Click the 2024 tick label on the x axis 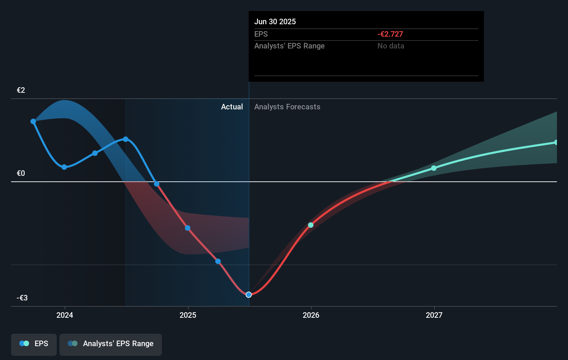click(x=65, y=315)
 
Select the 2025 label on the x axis click(x=188, y=315)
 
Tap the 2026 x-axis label click(x=311, y=315)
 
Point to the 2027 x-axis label click(x=434, y=315)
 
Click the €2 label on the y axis click(x=21, y=90)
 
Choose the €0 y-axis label click(x=21, y=173)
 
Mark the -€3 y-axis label click(x=22, y=298)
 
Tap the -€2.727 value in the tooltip click(x=390, y=34)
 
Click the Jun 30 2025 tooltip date click(x=275, y=21)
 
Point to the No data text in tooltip click(x=391, y=46)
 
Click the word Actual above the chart click(x=232, y=107)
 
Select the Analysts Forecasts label click(x=287, y=107)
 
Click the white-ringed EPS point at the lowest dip click(x=249, y=295)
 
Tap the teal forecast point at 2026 click(x=311, y=225)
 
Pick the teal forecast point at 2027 click(x=434, y=168)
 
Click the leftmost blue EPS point click(x=33, y=121)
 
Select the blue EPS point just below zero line click(x=157, y=184)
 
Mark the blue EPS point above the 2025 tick click(x=187, y=228)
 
